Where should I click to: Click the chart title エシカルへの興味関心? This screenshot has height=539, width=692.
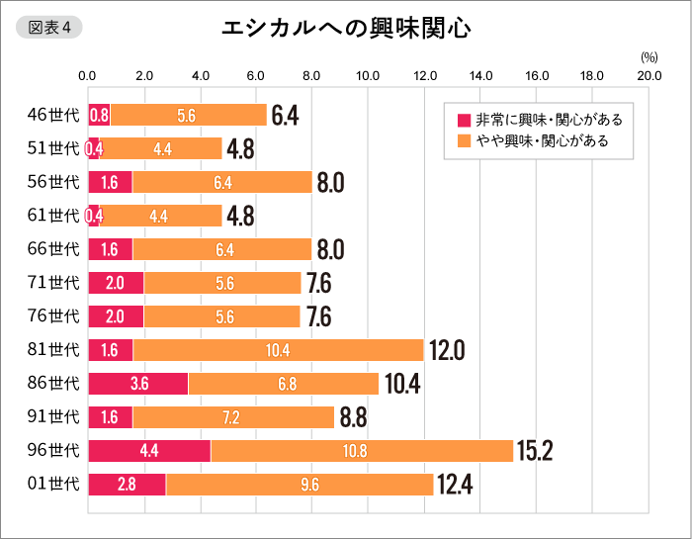tap(345, 29)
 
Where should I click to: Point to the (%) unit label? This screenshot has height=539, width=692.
tap(649, 58)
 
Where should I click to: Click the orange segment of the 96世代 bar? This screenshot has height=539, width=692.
tap(362, 451)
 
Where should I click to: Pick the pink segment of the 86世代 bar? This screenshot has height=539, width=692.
tap(138, 384)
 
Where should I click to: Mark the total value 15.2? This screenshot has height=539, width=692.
tap(534, 451)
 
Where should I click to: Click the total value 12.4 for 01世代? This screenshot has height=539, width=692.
tap(455, 485)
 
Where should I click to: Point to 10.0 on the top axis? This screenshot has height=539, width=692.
tap(369, 75)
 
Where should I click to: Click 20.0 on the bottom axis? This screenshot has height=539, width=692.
tap(649, 514)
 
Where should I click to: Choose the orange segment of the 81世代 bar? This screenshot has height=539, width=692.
tap(278, 350)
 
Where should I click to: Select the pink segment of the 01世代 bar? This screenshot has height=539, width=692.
tap(128, 485)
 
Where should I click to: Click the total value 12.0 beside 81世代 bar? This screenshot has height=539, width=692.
tap(445, 350)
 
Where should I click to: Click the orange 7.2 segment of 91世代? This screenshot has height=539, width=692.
tap(233, 417)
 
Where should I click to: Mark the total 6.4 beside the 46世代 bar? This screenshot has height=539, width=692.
tap(285, 115)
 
